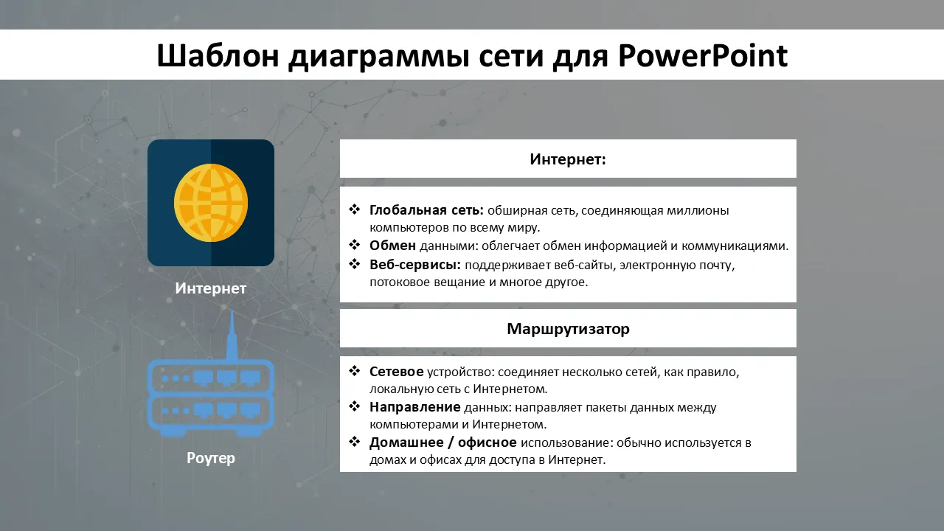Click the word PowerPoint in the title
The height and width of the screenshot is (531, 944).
703,55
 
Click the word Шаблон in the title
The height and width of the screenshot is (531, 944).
218,55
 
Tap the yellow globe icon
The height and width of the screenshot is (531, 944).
211,203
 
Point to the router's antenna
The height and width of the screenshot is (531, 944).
232,335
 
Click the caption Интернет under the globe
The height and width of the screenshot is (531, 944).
211,288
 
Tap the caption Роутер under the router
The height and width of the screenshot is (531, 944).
211,458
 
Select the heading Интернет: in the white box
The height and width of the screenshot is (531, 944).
568,159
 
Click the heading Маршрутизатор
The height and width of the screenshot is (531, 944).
568,329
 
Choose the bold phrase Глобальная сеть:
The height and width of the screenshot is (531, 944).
426,210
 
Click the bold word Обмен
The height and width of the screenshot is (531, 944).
393,246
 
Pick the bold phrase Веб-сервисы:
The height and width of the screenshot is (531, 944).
415,265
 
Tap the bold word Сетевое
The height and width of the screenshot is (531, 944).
397,371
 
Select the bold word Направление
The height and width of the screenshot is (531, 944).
415,407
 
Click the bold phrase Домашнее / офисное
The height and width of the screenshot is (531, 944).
443,442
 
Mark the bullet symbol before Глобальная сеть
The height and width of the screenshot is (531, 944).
355,209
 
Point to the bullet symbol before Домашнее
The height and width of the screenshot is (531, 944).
355,442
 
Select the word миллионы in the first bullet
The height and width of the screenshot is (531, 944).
698,210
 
